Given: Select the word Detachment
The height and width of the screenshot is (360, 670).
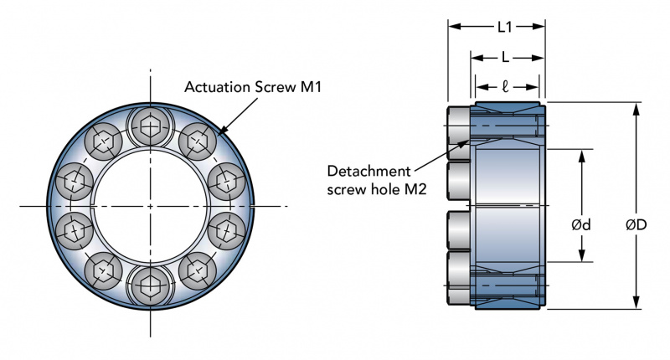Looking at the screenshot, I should pyautogui.click(x=368, y=171).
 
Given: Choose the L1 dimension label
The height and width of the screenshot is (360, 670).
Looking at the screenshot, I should pyautogui.click(x=504, y=27).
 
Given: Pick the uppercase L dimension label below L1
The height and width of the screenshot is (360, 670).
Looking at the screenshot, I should pyautogui.click(x=504, y=58).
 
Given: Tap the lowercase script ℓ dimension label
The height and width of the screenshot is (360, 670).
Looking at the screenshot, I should pyautogui.click(x=508, y=86).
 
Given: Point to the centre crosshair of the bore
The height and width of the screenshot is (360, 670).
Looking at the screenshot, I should pyautogui.click(x=151, y=205).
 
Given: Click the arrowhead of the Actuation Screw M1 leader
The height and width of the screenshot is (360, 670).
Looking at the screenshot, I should pyautogui.click(x=220, y=132).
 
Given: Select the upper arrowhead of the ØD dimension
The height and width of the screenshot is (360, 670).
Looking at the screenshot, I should pyautogui.click(x=636, y=108).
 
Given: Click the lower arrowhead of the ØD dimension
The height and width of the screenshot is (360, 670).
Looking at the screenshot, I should pyautogui.click(x=636, y=304).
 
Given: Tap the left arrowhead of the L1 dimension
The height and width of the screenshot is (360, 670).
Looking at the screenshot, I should pyautogui.click(x=453, y=27).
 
